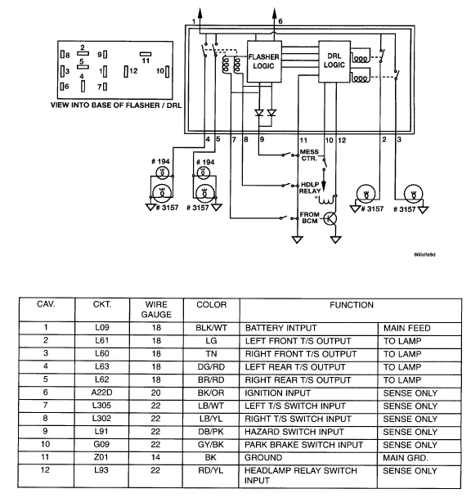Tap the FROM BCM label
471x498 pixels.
(309, 218)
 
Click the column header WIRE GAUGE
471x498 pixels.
(156, 308)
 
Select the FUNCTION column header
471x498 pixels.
(351, 304)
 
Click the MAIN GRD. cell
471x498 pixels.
(405, 460)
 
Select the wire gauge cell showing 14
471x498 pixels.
(156, 460)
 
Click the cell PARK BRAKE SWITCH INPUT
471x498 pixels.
(303, 446)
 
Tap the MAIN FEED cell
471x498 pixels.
(406, 327)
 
